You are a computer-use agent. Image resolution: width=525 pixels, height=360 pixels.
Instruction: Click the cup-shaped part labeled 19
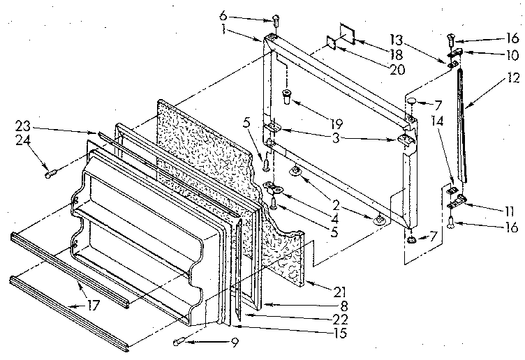coord(286,95)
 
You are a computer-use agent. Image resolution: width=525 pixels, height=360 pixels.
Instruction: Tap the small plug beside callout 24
coord(50,173)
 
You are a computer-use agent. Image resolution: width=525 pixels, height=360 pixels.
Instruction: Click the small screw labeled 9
coord(180,341)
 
